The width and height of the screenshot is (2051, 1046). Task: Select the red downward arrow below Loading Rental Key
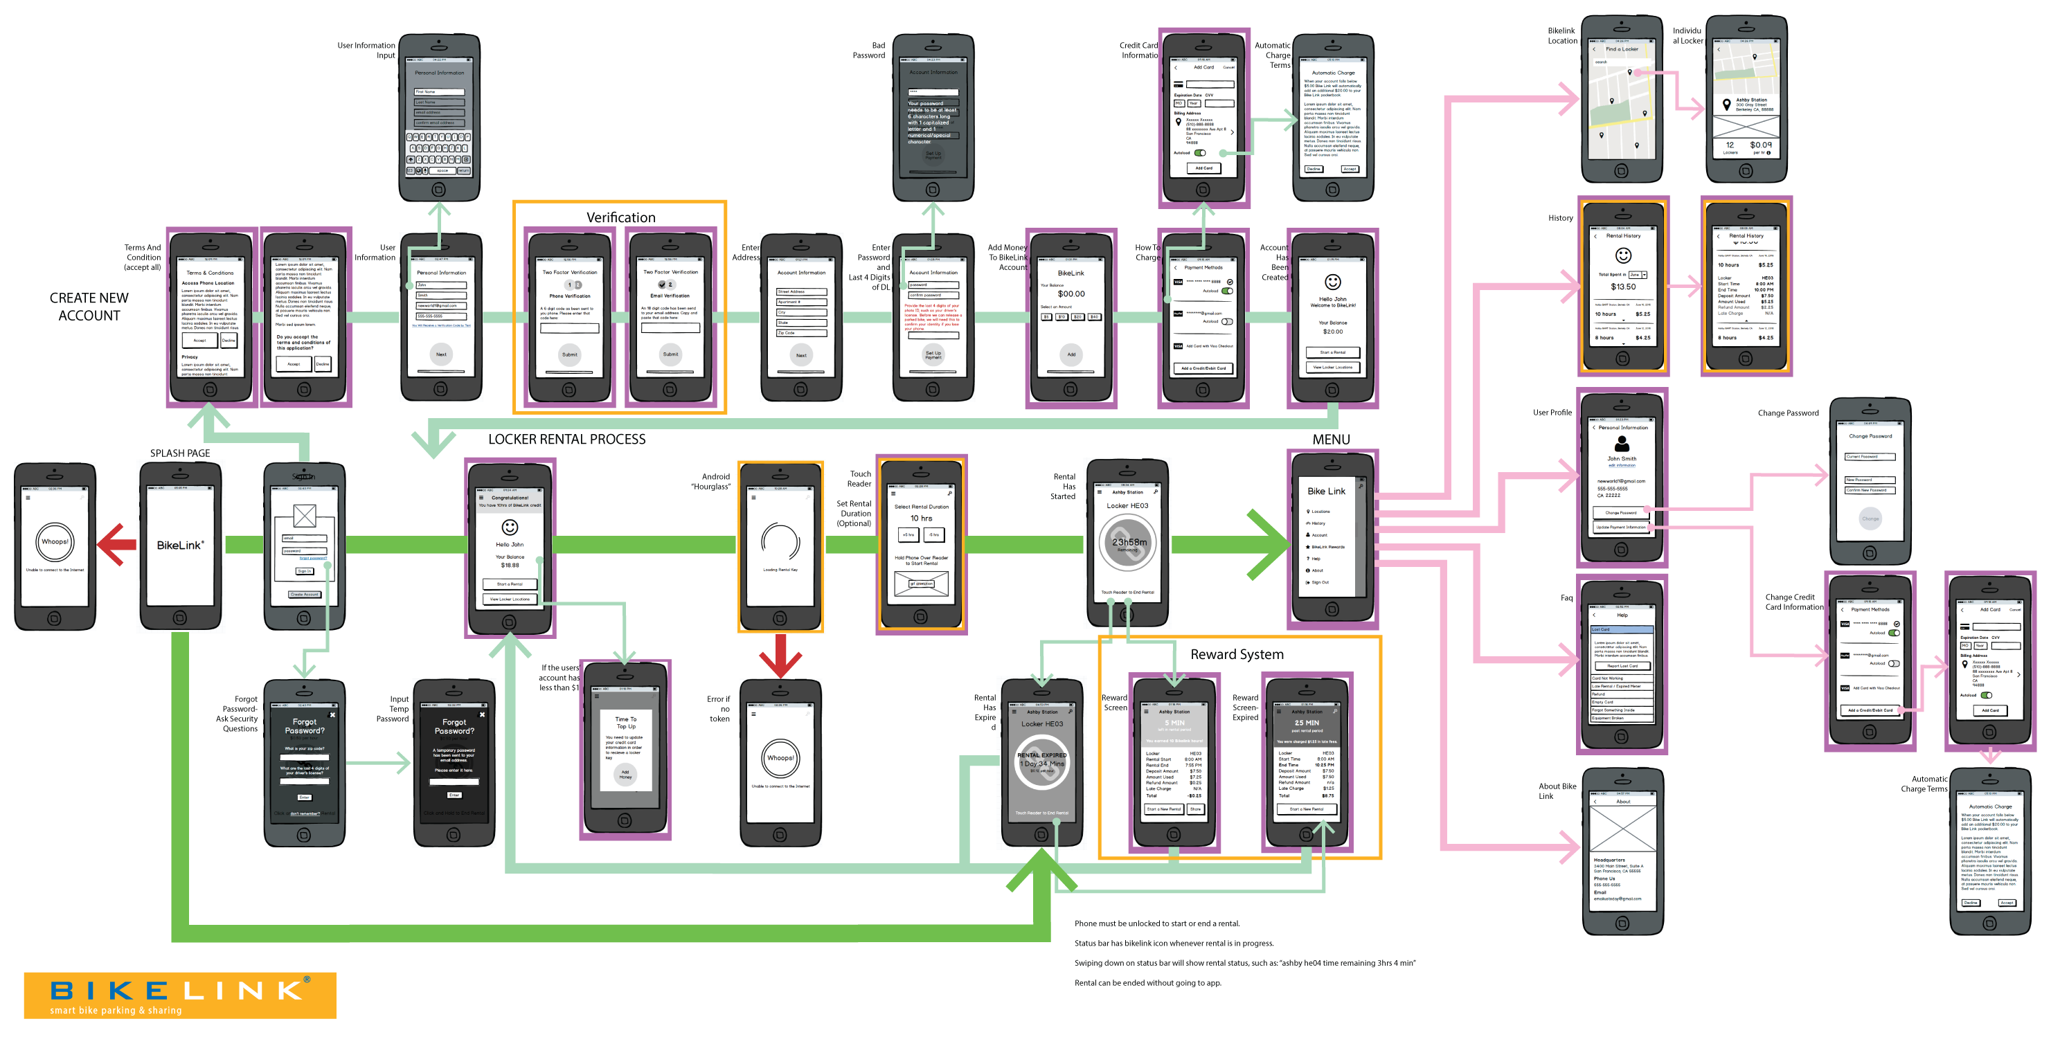[x=780, y=654]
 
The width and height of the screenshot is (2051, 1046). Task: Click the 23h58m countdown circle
[x=1128, y=542]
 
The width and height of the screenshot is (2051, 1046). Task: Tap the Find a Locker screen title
[x=1622, y=49]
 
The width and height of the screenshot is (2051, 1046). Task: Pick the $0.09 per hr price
[x=1760, y=145]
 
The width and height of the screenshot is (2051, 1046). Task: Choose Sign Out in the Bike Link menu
[x=1320, y=583]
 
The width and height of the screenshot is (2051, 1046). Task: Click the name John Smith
[x=1621, y=458]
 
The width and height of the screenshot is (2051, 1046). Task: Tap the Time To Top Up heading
[x=626, y=723]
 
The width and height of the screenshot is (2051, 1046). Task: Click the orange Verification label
[x=620, y=217]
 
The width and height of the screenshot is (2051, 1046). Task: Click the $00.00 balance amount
[x=1071, y=294]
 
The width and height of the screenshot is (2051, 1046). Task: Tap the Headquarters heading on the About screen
[x=1609, y=860]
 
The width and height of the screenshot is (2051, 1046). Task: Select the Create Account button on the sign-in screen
[x=304, y=595]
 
